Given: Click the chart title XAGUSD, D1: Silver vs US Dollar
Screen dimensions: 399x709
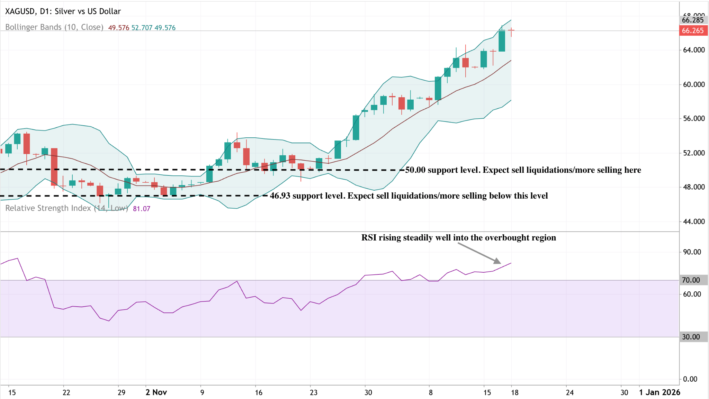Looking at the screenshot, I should point(63,11).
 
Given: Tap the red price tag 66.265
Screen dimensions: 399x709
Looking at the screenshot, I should point(693,31).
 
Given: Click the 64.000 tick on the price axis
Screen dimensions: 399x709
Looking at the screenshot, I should point(694,50).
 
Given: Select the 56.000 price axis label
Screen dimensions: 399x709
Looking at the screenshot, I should point(694,119).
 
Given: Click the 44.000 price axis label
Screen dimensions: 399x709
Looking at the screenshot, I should point(694,221).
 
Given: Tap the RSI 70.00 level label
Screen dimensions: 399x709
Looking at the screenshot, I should point(691,280).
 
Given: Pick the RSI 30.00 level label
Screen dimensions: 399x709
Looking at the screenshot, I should point(691,337).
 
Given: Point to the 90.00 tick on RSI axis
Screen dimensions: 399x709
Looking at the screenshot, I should point(692,252).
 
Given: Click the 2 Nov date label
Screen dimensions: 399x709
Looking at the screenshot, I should point(156,392).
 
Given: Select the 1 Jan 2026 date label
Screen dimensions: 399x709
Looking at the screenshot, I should point(659,392).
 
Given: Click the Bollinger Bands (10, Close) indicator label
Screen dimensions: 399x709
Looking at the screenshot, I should point(54,27).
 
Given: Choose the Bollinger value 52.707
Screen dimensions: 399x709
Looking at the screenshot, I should point(142,28).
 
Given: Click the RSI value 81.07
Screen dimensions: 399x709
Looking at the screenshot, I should point(142,209).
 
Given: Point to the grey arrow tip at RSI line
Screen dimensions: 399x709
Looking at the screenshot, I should point(499,262).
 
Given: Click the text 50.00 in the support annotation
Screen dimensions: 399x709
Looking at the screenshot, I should point(415,170).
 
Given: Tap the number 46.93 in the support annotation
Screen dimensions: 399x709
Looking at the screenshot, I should point(280,196).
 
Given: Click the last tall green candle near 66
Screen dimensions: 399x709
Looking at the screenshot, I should point(502,41).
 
